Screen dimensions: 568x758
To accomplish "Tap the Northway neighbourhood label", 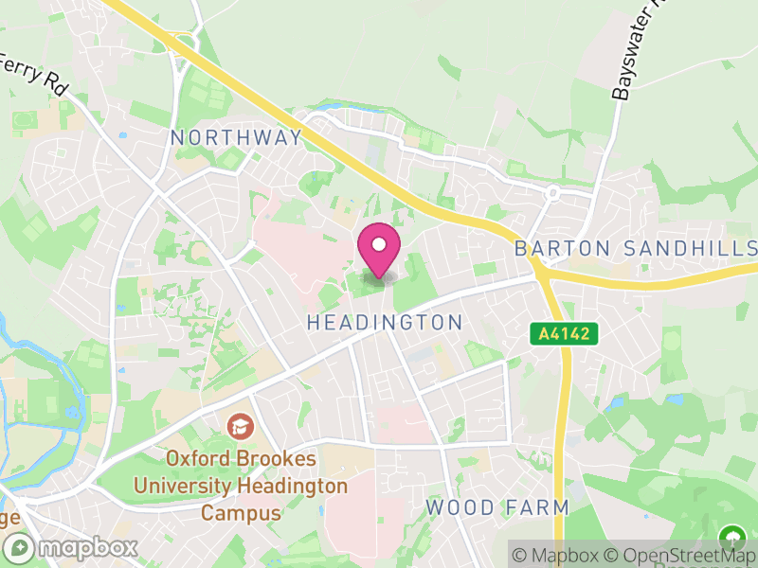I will (x=236, y=137).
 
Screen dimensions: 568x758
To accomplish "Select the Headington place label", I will (x=385, y=323).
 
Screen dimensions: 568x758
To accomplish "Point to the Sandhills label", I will (x=691, y=249).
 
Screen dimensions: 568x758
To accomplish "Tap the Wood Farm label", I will (x=496, y=507).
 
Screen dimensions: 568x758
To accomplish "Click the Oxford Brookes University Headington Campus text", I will (x=241, y=486).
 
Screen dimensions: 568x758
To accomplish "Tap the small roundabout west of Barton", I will (x=551, y=193).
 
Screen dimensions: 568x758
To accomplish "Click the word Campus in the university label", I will (x=241, y=513).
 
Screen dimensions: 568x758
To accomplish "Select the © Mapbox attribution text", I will (x=557, y=556).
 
